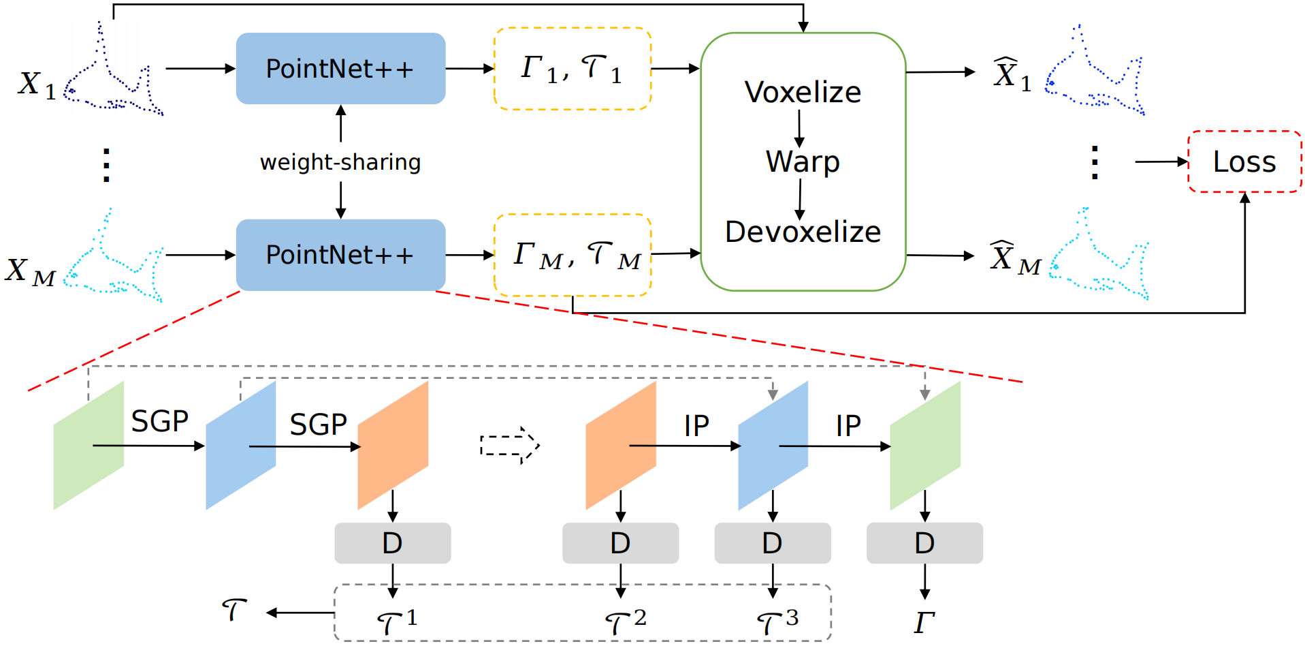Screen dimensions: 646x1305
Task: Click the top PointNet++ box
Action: [340, 68]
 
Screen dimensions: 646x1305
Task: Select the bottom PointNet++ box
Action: [340, 255]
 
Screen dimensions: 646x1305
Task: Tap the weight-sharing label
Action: [340, 162]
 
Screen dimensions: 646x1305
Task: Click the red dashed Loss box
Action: [1244, 161]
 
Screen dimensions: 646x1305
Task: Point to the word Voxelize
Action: [803, 92]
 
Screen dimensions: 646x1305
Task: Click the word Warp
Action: [803, 161]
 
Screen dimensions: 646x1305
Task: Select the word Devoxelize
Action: [803, 232]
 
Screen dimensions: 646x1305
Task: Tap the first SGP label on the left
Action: [159, 421]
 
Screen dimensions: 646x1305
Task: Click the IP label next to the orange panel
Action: [696, 427]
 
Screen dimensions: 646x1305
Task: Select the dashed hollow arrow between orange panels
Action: [510, 446]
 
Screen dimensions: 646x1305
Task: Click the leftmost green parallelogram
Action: [88, 446]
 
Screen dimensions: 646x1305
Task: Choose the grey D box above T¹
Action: [392, 543]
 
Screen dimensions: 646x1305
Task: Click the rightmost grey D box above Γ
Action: [924, 543]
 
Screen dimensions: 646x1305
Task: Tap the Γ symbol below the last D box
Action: [924, 622]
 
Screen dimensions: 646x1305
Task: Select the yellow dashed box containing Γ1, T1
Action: [573, 68]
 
